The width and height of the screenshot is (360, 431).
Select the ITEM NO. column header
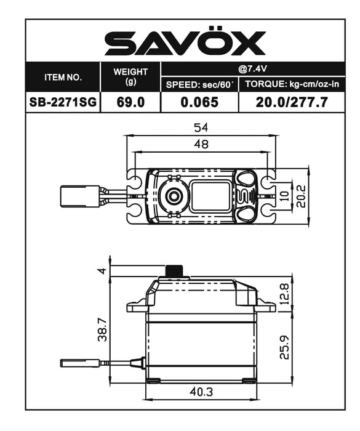(63, 78)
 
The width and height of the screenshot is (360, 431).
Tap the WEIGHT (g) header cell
(130, 76)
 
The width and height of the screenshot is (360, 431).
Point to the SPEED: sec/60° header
(199, 85)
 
